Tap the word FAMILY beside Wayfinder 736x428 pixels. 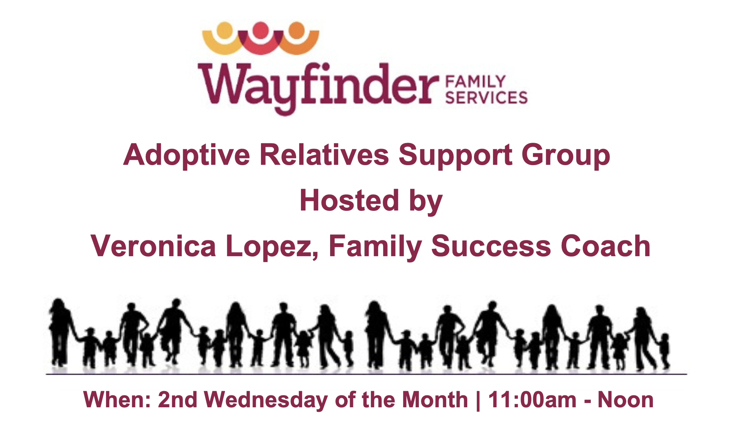coord(475,82)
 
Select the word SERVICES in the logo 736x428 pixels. coord(487,97)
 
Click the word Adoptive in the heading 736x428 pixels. coord(187,156)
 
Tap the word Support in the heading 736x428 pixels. coord(455,156)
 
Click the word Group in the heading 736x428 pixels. coord(566,156)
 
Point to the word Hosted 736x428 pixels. coord(349,200)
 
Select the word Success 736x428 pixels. coord(491,246)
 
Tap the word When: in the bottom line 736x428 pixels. coord(117,400)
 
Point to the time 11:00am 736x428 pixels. coord(532,400)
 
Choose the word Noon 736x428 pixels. coord(625,400)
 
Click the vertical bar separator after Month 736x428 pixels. coord(478,401)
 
